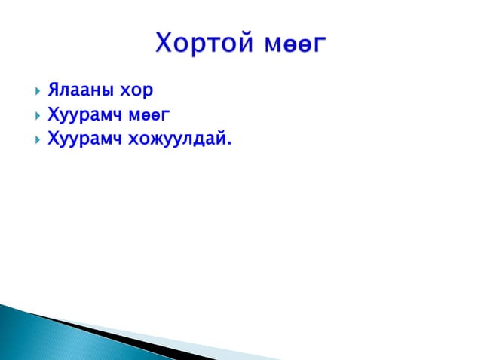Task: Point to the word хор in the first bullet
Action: [x=137, y=92]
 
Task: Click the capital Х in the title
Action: [x=164, y=43]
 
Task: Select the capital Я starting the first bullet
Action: [x=54, y=91]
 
